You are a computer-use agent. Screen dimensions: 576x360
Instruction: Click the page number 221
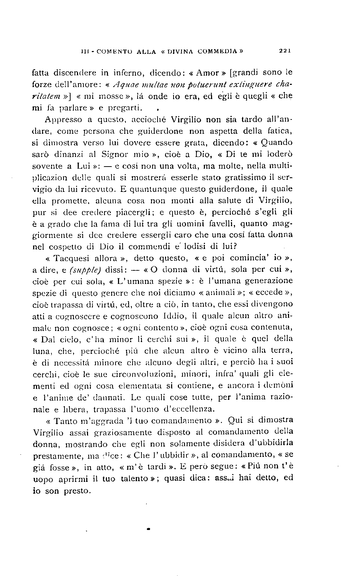[285, 51]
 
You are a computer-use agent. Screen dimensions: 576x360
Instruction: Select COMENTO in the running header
[113, 51]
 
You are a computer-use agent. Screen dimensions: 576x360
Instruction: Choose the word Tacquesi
[73, 258]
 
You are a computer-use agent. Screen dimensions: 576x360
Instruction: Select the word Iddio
[174, 316]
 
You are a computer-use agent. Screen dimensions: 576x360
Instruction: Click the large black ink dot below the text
[148, 530]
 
